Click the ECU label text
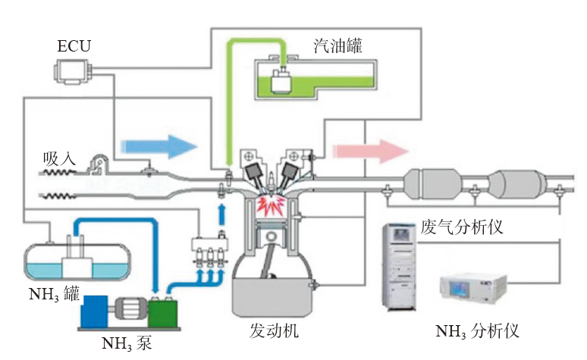point(74,46)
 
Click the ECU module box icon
point(74,72)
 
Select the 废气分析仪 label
point(462,226)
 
